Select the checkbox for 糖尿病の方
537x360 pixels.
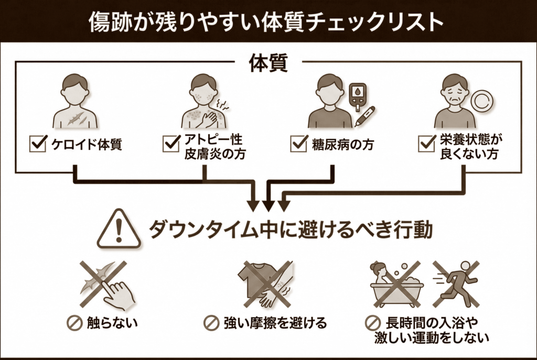tap(298, 144)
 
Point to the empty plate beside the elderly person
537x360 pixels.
tap(480, 101)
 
